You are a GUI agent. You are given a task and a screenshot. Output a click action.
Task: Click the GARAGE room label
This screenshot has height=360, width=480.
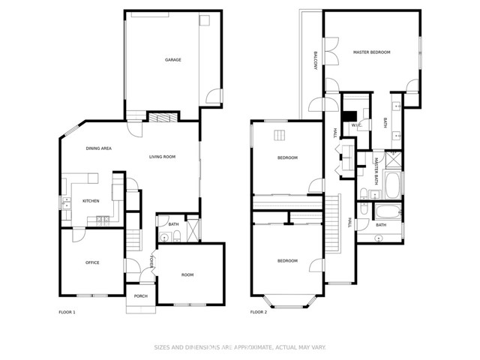pyautogui.click(x=173, y=60)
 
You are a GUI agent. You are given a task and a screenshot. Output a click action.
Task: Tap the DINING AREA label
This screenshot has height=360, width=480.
pyautogui.click(x=98, y=148)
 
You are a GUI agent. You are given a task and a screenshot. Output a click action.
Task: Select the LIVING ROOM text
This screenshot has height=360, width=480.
pyautogui.click(x=162, y=157)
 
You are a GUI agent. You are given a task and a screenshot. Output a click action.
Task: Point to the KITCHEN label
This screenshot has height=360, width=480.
pyautogui.click(x=91, y=201)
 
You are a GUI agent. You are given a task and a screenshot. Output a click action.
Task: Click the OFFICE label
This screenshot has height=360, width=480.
pyautogui.click(x=92, y=262)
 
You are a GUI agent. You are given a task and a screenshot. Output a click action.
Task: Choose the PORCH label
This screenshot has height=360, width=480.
pyautogui.click(x=141, y=296)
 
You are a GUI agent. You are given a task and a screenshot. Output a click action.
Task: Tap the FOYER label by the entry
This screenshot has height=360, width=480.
pyautogui.click(x=152, y=262)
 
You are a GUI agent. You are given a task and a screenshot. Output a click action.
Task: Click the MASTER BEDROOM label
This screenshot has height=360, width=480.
pyautogui.click(x=372, y=52)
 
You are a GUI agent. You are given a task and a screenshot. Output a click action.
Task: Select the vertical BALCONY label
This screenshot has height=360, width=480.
pyautogui.click(x=316, y=61)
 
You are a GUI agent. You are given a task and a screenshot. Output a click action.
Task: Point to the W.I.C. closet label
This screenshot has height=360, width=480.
pyautogui.click(x=357, y=125)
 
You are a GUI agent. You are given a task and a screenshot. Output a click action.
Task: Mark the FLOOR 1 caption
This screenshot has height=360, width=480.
pyautogui.click(x=67, y=311)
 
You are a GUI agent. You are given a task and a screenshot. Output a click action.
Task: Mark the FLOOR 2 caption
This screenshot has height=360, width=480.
pyautogui.click(x=259, y=311)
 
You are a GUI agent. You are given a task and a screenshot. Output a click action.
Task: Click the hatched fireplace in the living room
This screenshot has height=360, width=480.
pyautogui.click(x=162, y=117)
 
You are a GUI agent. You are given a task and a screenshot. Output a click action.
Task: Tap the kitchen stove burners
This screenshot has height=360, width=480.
pyautogui.click(x=103, y=219)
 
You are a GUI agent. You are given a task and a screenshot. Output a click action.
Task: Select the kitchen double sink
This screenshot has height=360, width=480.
pyautogui.click(x=66, y=202)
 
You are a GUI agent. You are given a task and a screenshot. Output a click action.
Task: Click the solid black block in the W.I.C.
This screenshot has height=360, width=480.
pyautogui.click(x=348, y=116)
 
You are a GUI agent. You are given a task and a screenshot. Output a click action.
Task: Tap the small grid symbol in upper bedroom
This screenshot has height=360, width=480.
pyautogui.click(x=280, y=135)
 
